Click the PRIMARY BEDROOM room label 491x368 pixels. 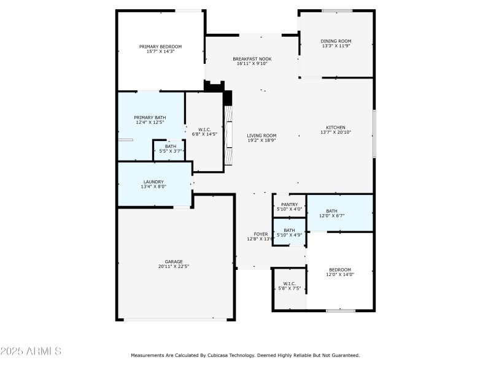160,47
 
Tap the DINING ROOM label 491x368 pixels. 336,41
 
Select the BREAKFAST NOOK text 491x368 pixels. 252,59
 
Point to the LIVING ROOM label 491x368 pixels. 261,136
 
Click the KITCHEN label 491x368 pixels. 336,128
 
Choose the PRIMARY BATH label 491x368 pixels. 150,117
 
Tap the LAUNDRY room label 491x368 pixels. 153,182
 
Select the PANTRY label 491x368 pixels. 289,204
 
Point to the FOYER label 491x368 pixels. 261,234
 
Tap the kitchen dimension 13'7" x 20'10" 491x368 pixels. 336,132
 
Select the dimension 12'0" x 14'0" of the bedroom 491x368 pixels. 339,275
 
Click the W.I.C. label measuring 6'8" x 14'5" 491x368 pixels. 204,129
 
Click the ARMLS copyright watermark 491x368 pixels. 31,351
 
